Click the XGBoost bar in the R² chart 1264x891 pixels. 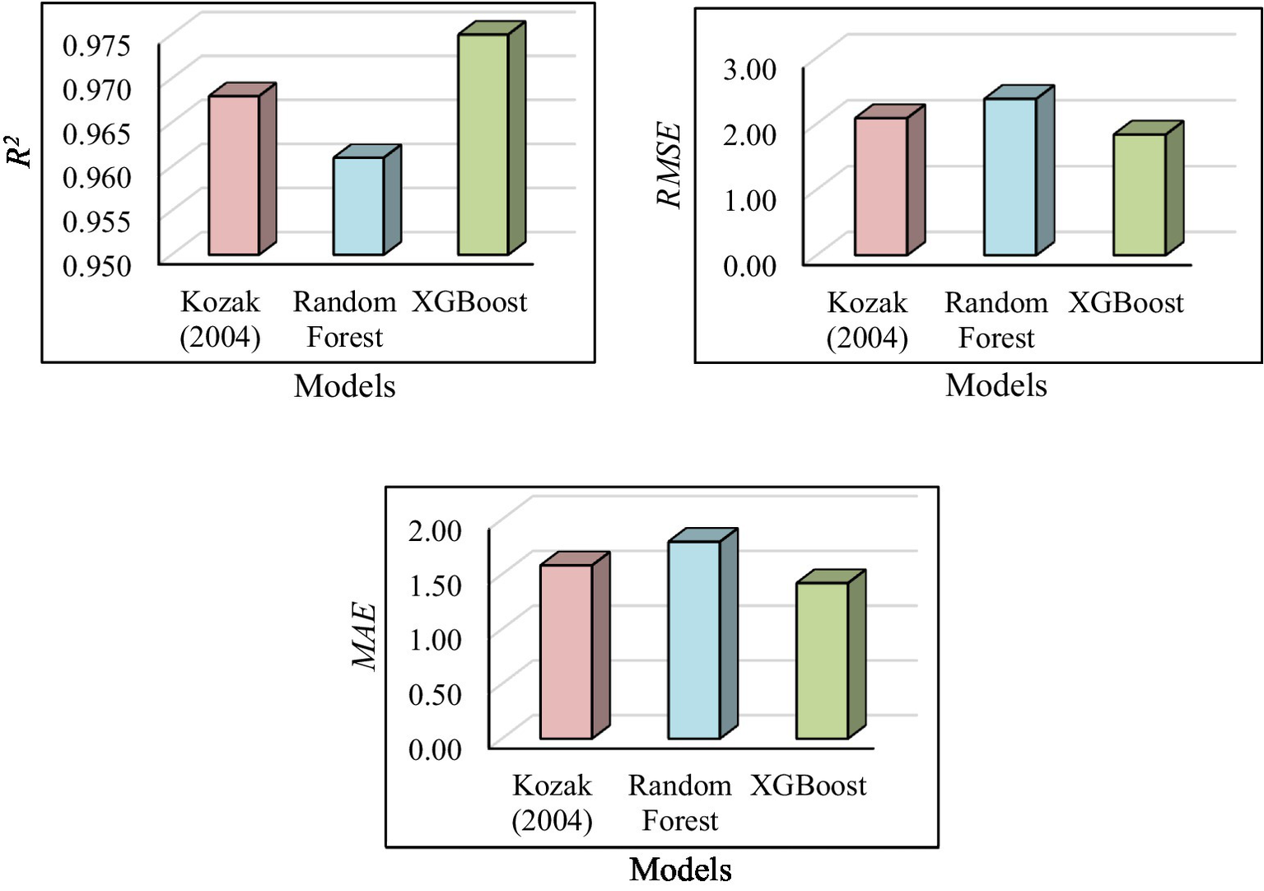(483, 144)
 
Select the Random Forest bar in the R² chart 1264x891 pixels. (358, 206)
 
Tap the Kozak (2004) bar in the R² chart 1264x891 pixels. (234, 175)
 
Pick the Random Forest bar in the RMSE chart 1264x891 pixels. (1010, 176)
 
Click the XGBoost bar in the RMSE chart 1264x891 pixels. (1140, 194)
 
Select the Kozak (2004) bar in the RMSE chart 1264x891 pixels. (881, 186)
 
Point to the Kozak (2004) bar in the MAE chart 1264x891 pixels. (567, 651)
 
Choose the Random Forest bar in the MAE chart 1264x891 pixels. (694, 640)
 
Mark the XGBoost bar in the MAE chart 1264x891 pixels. (822, 660)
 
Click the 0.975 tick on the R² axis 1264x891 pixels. (96, 45)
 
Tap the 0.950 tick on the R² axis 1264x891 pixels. (96, 266)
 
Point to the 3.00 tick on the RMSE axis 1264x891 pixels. (749, 69)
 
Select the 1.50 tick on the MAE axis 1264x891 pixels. (435, 585)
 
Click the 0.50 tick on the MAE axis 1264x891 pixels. (435, 694)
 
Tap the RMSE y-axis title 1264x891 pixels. (669, 165)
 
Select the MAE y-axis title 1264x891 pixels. (364, 637)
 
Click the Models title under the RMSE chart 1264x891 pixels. (996, 385)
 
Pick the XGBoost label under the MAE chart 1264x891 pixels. (808, 786)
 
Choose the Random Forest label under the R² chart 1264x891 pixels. (344, 320)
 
